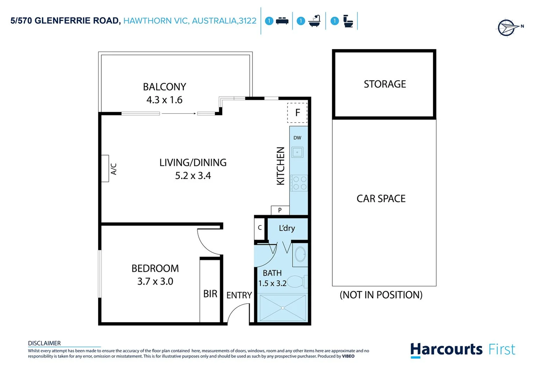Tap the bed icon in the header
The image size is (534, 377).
point(282,21)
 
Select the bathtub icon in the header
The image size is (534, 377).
point(314,21)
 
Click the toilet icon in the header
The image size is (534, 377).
point(348,21)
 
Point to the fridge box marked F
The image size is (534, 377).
point(297,113)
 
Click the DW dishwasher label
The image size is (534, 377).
point(297,138)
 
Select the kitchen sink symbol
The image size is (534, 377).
point(297,153)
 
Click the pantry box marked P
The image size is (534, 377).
point(280,210)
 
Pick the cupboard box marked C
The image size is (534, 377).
point(259,228)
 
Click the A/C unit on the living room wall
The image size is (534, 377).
point(105,169)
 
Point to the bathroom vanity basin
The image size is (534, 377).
point(300,254)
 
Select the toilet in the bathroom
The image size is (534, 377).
point(297,281)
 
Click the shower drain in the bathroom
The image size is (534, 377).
point(283,308)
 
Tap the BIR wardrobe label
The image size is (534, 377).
point(210,294)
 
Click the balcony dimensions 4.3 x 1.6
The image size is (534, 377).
point(164,100)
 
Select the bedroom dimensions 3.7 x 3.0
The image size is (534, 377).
point(155,281)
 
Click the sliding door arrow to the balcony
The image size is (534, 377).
point(178,113)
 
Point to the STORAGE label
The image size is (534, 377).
point(385,84)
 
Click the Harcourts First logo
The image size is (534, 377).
point(462,350)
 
